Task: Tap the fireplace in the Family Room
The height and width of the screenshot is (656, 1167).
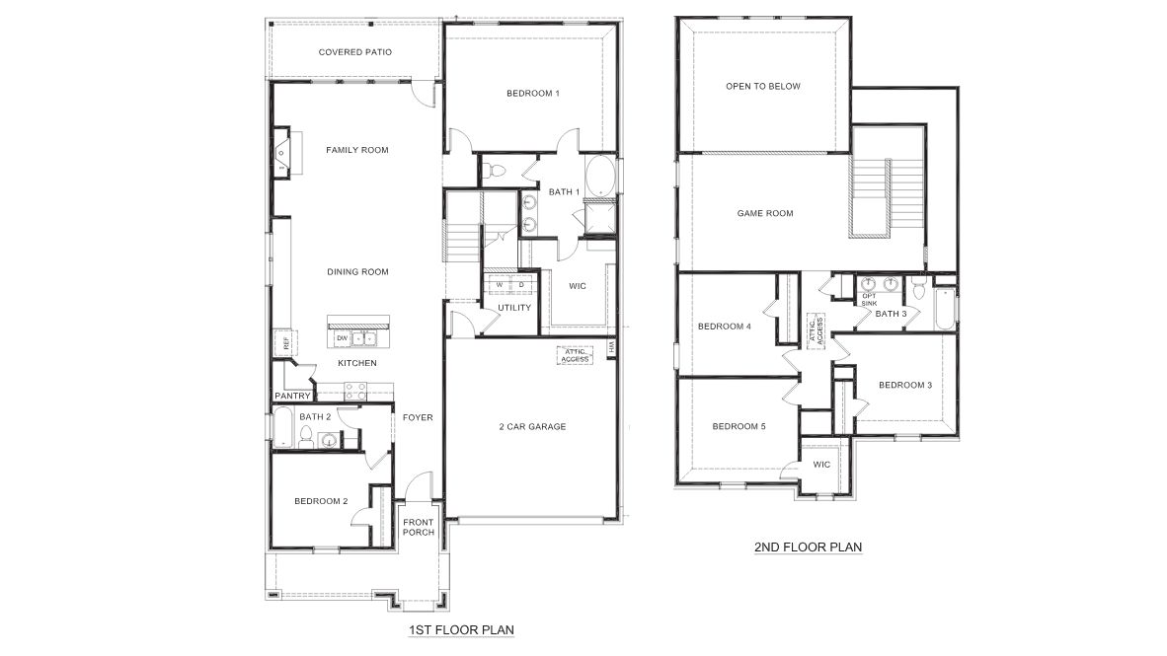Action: coord(281,152)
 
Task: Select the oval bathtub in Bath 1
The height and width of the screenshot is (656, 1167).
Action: coord(599,179)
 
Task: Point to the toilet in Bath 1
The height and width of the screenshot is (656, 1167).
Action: coord(497,171)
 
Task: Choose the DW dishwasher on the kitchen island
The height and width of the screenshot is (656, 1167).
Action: coord(342,338)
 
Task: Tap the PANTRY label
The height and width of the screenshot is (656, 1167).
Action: coord(293,397)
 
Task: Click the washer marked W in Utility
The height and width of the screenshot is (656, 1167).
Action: coord(500,285)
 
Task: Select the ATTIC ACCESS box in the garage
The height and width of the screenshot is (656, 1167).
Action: coord(575,355)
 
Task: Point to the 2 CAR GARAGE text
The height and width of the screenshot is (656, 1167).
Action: coord(531,427)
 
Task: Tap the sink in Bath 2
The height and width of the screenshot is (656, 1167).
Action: coord(327,441)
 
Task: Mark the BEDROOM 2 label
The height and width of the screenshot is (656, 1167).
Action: coord(321,501)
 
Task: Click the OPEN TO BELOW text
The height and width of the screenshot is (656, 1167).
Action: coord(763,87)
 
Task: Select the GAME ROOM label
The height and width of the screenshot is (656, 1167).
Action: coord(765,213)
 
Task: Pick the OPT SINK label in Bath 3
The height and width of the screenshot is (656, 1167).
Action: coord(869,300)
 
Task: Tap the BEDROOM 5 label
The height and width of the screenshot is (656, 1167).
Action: coord(739,426)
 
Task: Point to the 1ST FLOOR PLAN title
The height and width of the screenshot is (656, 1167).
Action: coord(461,628)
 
